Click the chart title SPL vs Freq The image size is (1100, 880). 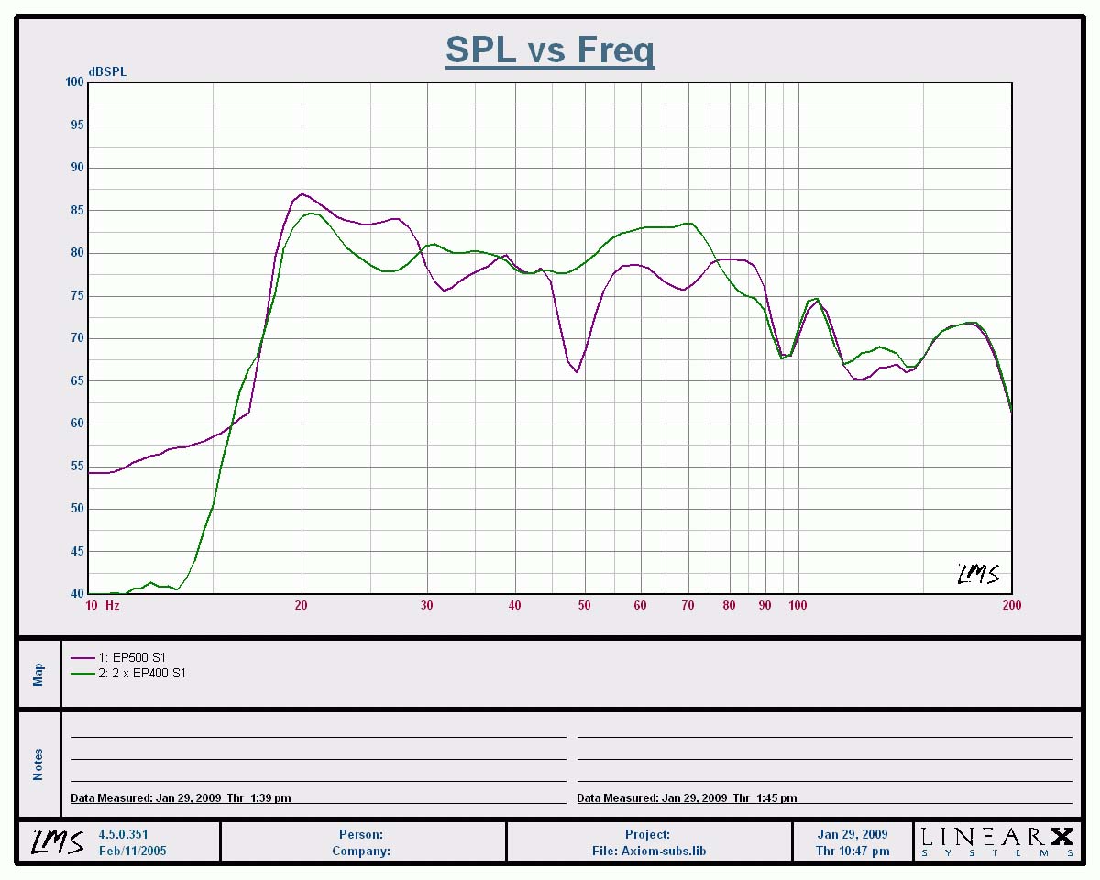tap(550, 49)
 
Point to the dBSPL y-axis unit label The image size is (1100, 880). tap(107, 71)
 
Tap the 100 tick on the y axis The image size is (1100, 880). tap(73, 82)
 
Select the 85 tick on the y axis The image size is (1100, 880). tap(76, 211)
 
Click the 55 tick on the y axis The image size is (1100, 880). tap(76, 467)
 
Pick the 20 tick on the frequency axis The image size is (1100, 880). tap(301, 605)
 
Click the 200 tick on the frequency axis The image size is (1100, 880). tap(1011, 605)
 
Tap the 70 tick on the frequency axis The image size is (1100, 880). tap(687, 605)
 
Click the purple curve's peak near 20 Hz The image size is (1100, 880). tap(302, 193)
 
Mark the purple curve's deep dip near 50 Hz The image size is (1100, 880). tap(577, 371)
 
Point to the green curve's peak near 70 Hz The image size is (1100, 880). tap(688, 223)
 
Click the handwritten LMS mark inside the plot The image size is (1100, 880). tap(978, 575)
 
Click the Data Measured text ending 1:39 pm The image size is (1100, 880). tap(181, 798)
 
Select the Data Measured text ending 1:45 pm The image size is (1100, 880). tap(687, 798)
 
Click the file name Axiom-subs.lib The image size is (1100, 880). tap(648, 851)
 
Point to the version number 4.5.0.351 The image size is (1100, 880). tap(123, 834)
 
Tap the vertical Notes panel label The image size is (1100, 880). tap(38, 764)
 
